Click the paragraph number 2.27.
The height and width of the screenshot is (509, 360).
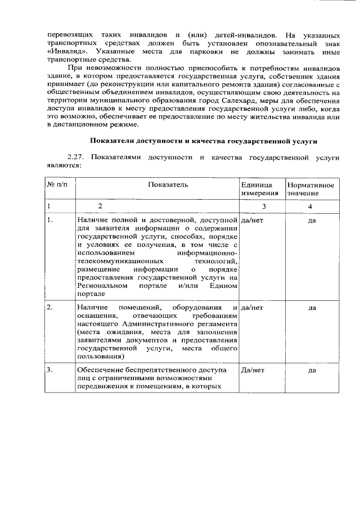pyautogui.click(x=75, y=157)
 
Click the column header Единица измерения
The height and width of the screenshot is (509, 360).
pyautogui.click(x=260, y=189)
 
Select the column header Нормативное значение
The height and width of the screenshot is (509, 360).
pyautogui.click(x=310, y=189)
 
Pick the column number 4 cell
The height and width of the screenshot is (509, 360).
pyautogui.click(x=310, y=206)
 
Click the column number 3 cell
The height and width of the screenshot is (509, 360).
pyautogui.click(x=263, y=206)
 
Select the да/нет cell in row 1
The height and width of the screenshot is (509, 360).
pyautogui.click(x=252, y=220)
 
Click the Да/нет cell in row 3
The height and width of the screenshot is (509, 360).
pyautogui.click(x=253, y=370)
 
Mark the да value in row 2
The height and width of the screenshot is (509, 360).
pyautogui.click(x=312, y=308)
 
